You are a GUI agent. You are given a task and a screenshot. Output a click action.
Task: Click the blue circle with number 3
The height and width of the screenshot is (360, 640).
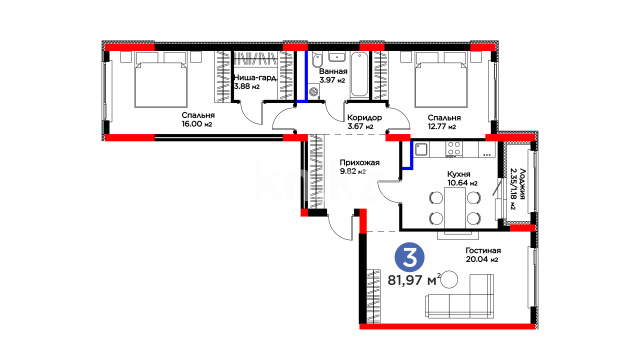[409, 258]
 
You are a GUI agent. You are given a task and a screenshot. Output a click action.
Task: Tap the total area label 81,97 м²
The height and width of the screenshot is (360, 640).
[414, 280]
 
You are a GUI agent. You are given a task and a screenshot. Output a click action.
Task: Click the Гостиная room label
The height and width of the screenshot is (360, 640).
[483, 250]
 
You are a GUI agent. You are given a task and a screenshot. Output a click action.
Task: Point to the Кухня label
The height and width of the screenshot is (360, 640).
[459, 174]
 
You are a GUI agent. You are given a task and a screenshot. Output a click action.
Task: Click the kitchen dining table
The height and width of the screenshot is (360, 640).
[455, 208]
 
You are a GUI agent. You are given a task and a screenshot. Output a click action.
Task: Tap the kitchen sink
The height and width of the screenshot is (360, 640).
[421, 149]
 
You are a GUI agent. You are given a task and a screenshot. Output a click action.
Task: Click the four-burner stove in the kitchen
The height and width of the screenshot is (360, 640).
[454, 149]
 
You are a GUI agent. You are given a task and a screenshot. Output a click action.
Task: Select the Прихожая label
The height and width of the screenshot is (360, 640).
[360, 162]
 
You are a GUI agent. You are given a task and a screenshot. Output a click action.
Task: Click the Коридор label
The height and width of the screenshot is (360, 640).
[364, 118]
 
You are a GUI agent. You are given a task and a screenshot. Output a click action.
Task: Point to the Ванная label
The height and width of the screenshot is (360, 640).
[333, 71]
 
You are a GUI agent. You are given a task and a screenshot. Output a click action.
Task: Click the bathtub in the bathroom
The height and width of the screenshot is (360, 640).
[359, 75]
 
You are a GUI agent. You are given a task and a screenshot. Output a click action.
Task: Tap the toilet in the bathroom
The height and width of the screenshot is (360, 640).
[317, 60]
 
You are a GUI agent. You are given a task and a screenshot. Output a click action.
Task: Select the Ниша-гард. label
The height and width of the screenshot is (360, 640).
[256, 78]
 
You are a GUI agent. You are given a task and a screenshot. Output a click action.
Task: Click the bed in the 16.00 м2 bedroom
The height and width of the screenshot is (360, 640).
[161, 80]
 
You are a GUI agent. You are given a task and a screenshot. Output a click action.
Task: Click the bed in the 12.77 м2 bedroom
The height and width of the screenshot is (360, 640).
[441, 80]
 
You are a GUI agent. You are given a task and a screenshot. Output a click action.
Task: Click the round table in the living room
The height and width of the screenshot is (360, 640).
[449, 279]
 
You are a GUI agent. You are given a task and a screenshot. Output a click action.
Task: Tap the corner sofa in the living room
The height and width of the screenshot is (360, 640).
[460, 296]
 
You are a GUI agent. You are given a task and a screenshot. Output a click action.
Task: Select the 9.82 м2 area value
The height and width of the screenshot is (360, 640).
[353, 171]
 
